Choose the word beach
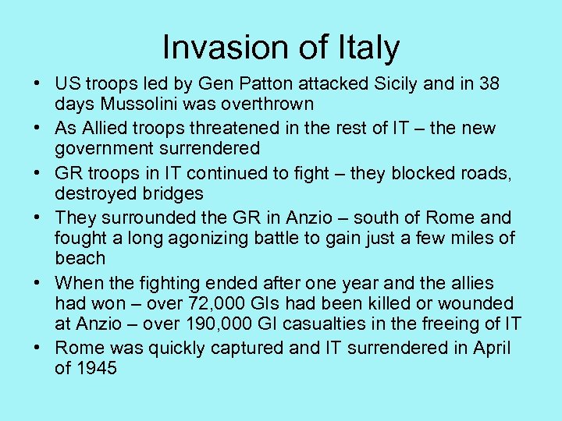click(80, 257)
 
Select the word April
click(492, 348)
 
